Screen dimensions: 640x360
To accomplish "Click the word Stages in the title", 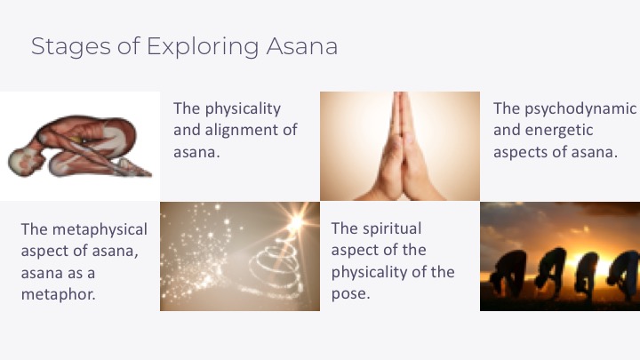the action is (x=70, y=46).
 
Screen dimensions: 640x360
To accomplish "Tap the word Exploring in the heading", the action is (x=203, y=46).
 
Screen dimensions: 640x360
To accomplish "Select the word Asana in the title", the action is (x=302, y=46).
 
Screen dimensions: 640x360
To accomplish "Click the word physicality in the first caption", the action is (x=243, y=109).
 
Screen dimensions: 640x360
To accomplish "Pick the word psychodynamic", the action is (x=580, y=109).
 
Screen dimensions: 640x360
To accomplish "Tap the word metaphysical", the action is (x=100, y=230).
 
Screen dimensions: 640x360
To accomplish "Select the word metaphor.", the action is (x=59, y=294).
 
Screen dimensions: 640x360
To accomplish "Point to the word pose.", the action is (x=350, y=294).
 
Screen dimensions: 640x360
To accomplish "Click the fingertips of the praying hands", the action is (x=401, y=95).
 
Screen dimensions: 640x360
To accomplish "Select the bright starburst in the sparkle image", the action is (x=295, y=221).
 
